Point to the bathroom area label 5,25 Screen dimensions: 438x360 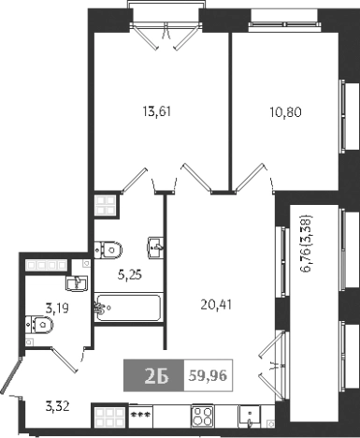tap(128, 275)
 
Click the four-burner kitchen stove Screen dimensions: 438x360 tap(204, 415)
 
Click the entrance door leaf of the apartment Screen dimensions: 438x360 tap(8, 377)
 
